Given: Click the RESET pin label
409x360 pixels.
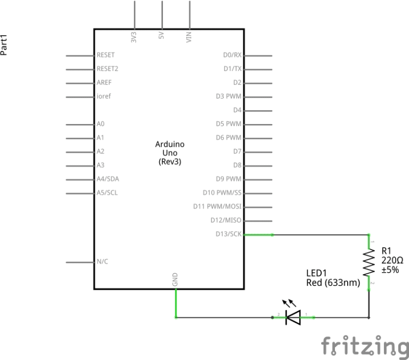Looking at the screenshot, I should [x=105, y=55].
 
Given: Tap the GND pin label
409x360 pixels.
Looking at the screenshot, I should [x=175, y=280].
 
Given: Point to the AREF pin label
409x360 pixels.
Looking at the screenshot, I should [x=104, y=83].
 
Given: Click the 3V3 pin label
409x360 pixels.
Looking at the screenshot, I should [x=133, y=37].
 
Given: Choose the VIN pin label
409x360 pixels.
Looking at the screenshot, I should [x=189, y=37].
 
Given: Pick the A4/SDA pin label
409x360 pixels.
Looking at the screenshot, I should [x=108, y=179].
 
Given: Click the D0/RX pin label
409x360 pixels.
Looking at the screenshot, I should [x=232, y=55].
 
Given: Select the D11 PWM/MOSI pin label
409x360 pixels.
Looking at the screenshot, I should [x=218, y=207].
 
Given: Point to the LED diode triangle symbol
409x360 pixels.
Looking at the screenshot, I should [x=293, y=317].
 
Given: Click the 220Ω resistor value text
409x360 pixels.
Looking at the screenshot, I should [x=392, y=260].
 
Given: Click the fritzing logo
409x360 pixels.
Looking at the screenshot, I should [x=364, y=346].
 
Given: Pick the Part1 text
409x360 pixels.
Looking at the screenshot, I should [x=5, y=45].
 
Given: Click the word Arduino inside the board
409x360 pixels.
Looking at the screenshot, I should [x=170, y=144].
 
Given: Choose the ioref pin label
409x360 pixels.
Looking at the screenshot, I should [x=103, y=96].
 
